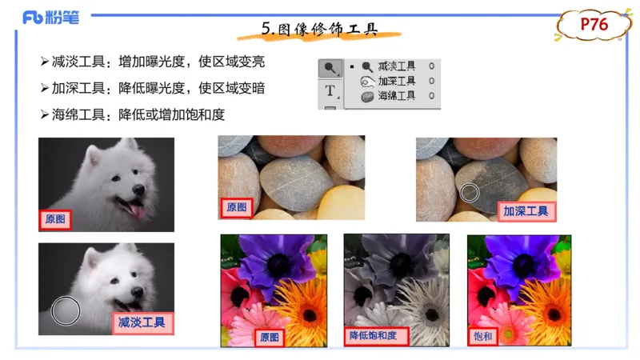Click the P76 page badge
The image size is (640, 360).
594,25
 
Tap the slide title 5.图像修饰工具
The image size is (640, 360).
319,29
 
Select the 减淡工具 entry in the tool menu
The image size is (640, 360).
397,66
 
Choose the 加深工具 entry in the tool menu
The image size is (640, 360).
397,81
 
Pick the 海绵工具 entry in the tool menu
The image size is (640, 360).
397,95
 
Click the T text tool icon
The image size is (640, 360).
330,91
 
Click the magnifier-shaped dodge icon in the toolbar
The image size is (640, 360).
330,68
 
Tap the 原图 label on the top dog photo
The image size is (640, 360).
56,219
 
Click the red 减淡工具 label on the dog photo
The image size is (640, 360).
145,323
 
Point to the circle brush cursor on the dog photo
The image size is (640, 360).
66,310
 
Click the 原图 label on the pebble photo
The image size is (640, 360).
237,207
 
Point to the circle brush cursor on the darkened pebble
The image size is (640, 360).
470,191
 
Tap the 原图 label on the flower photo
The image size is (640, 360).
270,338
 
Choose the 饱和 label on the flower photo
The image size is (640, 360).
484,337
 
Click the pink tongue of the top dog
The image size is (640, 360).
138,210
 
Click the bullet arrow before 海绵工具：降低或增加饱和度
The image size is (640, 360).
45,114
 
